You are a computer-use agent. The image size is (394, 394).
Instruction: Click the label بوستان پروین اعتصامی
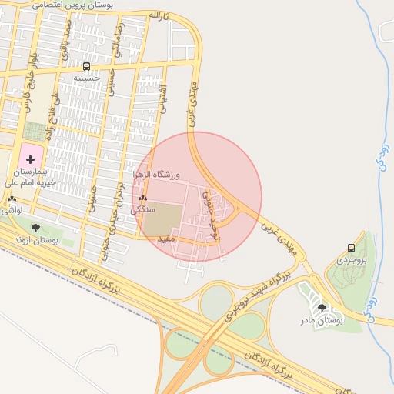coord(74,5)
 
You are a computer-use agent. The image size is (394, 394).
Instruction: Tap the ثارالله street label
coord(157,15)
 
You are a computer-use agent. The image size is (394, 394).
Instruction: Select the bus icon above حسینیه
coord(86,66)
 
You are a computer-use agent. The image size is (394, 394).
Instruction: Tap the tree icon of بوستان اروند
coord(35,228)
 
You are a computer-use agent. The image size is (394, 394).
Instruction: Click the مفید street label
coord(166,240)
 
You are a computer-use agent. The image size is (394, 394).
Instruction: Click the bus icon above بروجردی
coord(351,248)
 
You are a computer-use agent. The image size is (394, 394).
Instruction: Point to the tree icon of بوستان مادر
coord(322,308)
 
